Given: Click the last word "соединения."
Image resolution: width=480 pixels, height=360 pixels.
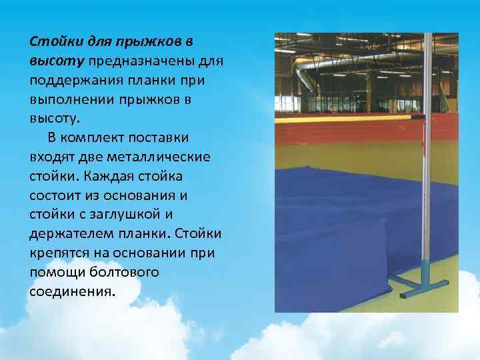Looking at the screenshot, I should pyautogui.click(x=72, y=293).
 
